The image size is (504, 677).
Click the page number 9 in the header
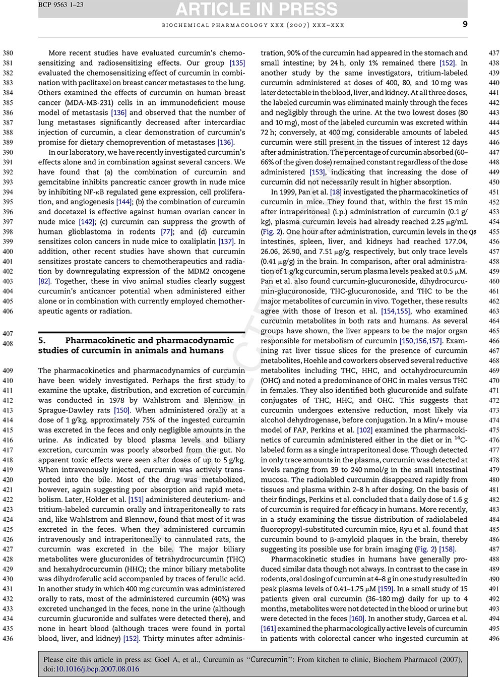coord(465,25)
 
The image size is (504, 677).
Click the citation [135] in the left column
coord(237,63)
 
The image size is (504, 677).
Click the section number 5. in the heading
coord(42,341)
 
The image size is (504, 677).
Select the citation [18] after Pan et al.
coord(335,192)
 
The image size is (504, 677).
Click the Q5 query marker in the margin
coord(472,232)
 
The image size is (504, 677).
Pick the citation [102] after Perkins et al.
coord(364,430)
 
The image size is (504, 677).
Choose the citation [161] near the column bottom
coord(268,629)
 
